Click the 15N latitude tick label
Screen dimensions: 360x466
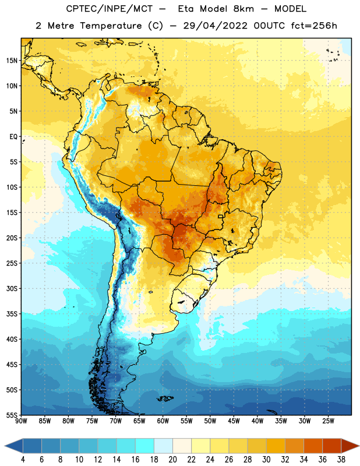coord(12,61)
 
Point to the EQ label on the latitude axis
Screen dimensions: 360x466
coord(13,137)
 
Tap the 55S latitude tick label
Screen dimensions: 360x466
coord(12,415)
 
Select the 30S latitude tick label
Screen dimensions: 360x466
coord(12,288)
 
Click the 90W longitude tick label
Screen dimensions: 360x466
coord(21,421)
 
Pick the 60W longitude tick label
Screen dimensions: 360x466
coord(163,421)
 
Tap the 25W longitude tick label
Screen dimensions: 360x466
coord(328,421)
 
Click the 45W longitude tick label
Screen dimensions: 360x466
coord(234,421)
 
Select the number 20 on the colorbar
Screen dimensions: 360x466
coord(172,460)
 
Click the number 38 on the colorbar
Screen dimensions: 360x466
coord(341,460)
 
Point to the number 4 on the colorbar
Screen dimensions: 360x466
coord(23,460)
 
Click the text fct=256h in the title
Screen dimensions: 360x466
coord(314,26)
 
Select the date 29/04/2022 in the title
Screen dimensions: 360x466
coord(215,26)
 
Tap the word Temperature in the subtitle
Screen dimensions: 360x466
coord(111,26)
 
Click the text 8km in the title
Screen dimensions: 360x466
coord(243,9)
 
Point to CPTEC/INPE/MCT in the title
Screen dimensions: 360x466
coord(110,9)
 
